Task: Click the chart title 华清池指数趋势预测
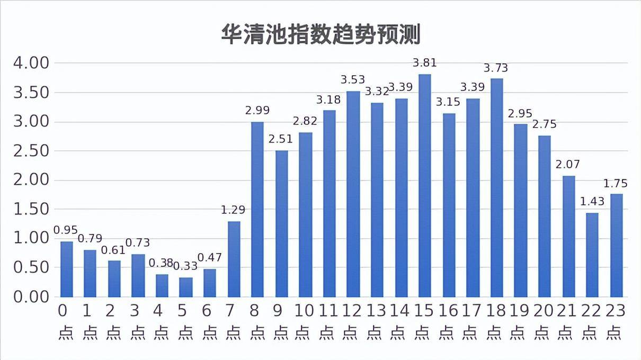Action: (x=320, y=34)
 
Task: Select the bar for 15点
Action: (x=425, y=185)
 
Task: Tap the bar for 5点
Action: (x=185, y=287)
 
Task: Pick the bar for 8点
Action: (x=257, y=209)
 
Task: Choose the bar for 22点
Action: (x=592, y=255)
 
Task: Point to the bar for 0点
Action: (x=66, y=269)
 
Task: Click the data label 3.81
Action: (x=425, y=63)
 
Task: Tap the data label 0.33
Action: (x=185, y=266)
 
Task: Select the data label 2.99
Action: (x=257, y=111)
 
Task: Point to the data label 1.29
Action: (x=233, y=210)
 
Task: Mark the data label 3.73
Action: (x=496, y=68)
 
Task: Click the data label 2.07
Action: (x=568, y=165)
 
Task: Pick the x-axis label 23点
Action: (x=616, y=321)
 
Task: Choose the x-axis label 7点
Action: (x=233, y=321)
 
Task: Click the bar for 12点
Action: (x=353, y=194)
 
